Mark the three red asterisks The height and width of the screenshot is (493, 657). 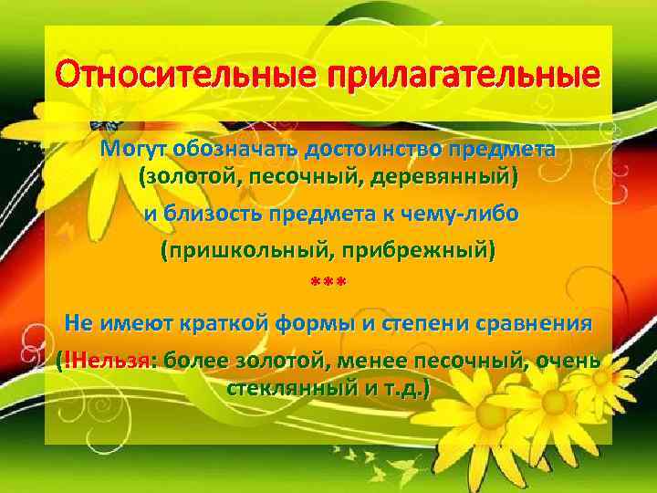pyautogui.click(x=328, y=285)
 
